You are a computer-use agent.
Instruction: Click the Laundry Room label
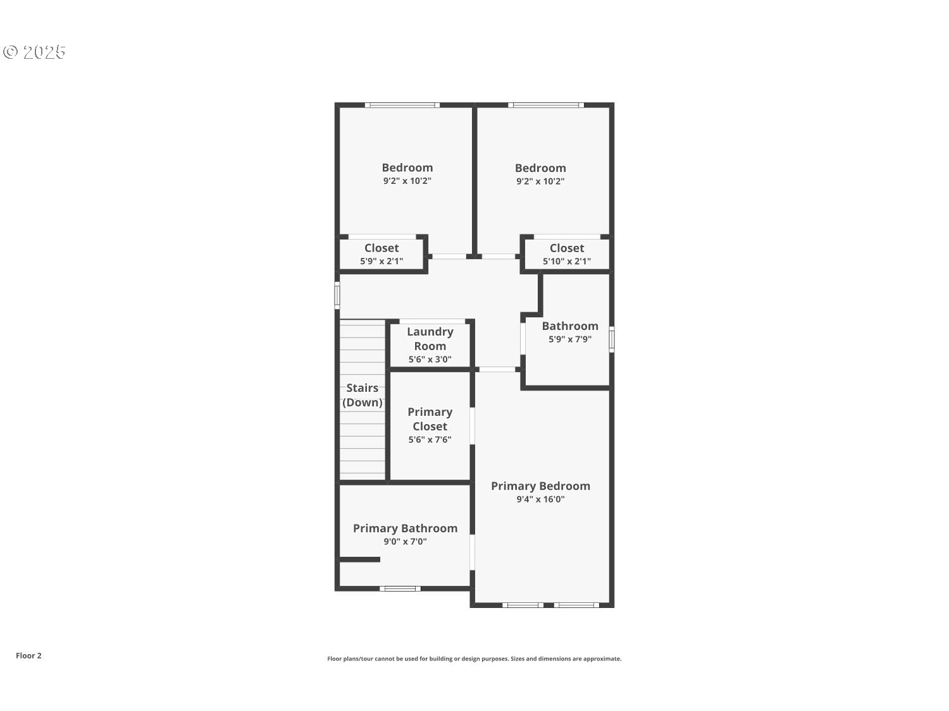click(x=430, y=339)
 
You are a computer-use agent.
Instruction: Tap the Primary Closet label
click(x=430, y=419)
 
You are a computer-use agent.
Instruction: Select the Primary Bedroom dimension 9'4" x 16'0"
click(x=540, y=499)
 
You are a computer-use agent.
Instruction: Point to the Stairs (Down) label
click(x=363, y=395)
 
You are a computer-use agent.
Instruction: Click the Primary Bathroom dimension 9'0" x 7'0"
click(x=405, y=542)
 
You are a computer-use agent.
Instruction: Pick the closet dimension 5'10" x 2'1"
click(x=567, y=261)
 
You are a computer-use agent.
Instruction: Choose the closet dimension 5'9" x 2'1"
click(x=381, y=261)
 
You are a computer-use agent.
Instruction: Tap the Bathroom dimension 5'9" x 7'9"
click(x=570, y=339)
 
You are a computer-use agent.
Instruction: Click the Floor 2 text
click(x=28, y=655)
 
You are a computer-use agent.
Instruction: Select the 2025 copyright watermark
click(x=35, y=52)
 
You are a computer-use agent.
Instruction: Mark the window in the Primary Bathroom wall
click(x=400, y=588)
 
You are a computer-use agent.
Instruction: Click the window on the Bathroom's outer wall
click(x=612, y=339)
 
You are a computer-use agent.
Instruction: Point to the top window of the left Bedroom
click(x=402, y=105)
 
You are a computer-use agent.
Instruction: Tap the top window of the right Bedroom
click(x=546, y=105)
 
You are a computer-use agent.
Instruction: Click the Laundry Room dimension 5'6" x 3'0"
click(x=430, y=360)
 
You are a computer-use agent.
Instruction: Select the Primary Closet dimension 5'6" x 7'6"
click(x=430, y=440)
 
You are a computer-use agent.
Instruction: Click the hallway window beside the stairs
click(x=337, y=295)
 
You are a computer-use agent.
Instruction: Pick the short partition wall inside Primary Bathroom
click(x=359, y=559)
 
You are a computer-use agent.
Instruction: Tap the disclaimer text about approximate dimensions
click(x=474, y=659)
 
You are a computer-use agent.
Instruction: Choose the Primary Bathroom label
click(x=405, y=528)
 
